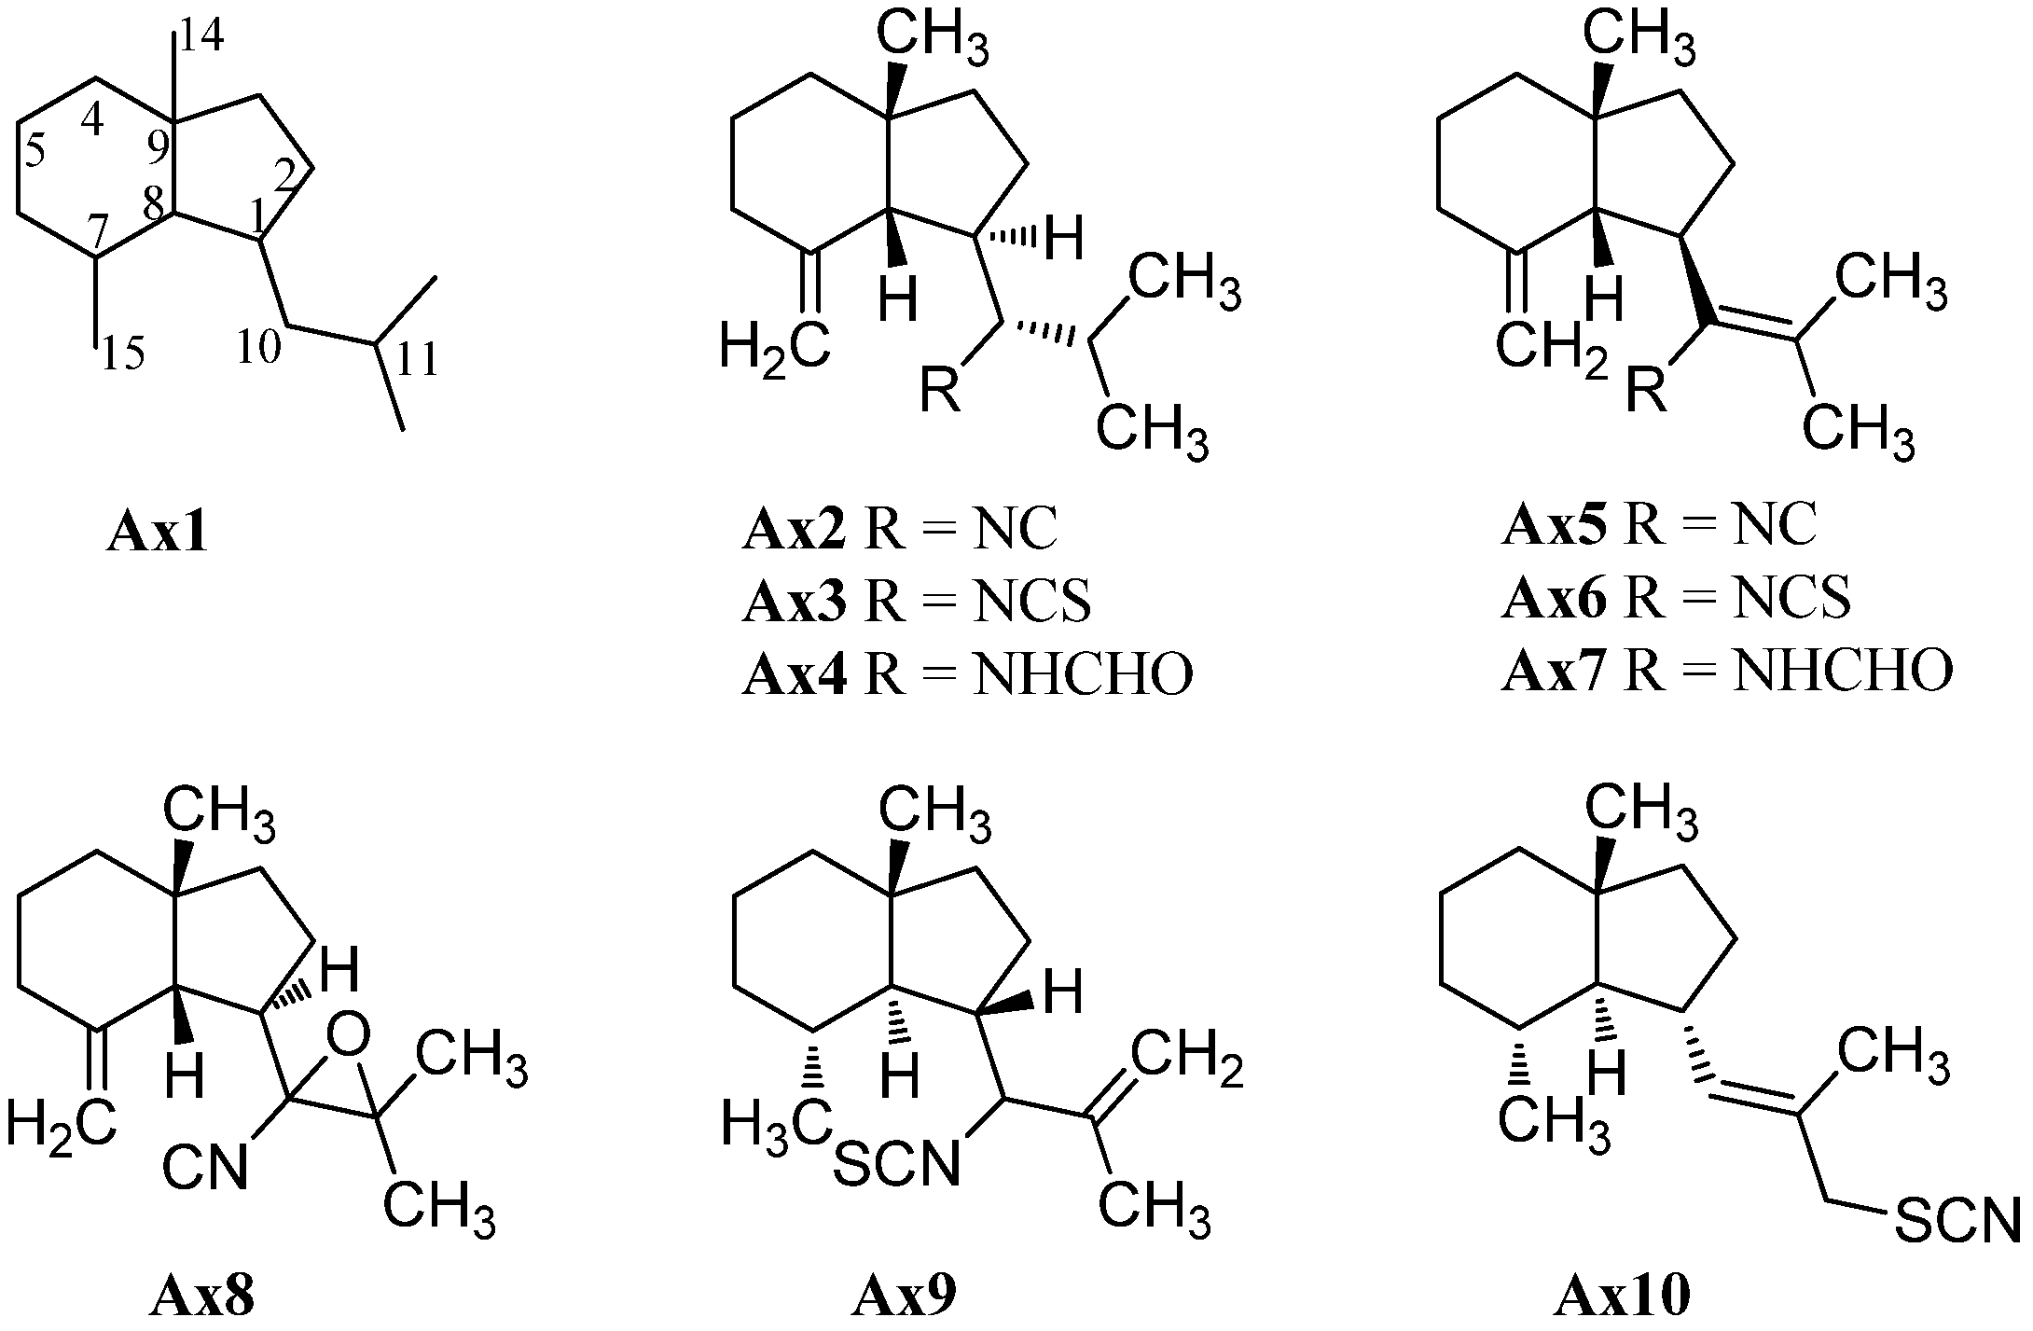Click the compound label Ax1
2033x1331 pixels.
click(157, 534)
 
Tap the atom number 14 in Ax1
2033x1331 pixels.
click(201, 38)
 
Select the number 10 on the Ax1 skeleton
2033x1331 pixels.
click(257, 348)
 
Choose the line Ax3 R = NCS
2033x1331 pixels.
click(917, 602)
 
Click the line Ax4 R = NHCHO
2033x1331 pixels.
click(967, 673)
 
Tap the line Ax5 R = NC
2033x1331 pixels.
click(1659, 526)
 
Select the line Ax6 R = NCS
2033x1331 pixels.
click(1676, 598)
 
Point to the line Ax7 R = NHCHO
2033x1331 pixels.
click(1726, 671)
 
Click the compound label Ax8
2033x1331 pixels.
click(201, 1297)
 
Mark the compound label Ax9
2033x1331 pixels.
click(904, 1297)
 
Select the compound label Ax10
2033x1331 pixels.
click(1622, 1297)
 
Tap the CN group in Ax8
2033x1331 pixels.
click(206, 1167)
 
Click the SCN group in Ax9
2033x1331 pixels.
click(895, 1165)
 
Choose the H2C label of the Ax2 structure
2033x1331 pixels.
click(774, 351)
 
